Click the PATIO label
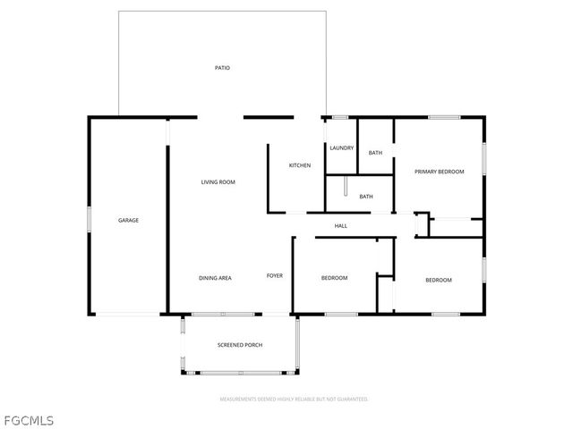(x=222, y=68)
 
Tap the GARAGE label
(x=129, y=220)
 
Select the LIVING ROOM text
(x=218, y=182)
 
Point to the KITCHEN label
(x=299, y=166)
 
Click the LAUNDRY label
(x=341, y=147)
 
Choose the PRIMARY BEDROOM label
(x=439, y=172)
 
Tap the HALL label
(x=341, y=225)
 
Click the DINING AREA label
(x=215, y=278)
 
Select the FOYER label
(x=275, y=275)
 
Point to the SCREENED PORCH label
(x=240, y=345)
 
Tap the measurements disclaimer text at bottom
(x=294, y=399)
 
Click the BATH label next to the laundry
(x=375, y=153)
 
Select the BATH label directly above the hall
(x=366, y=197)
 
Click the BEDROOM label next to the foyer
(x=334, y=278)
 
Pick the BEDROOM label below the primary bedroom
(x=438, y=281)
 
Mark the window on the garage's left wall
(x=88, y=220)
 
